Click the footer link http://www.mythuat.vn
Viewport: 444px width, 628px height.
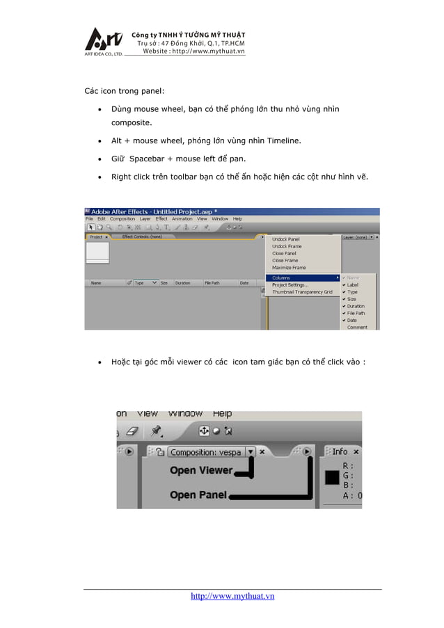click(232, 596)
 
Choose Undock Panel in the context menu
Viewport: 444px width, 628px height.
click(285, 239)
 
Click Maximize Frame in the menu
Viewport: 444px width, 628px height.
click(289, 268)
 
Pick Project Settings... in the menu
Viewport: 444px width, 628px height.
click(290, 285)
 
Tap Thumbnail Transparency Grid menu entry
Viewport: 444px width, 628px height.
click(302, 292)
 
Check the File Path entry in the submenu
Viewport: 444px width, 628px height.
click(356, 313)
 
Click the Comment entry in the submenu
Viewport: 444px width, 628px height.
click(357, 327)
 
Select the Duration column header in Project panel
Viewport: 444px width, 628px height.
click(183, 283)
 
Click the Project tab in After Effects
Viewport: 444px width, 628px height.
click(96, 237)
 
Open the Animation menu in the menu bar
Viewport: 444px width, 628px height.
click(182, 219)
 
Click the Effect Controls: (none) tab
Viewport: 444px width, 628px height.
click(142, 237)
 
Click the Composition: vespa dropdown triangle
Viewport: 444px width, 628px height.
click(250, 452)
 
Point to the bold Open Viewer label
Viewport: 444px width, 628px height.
click(201, 471)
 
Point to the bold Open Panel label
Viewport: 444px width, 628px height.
click(198, 495)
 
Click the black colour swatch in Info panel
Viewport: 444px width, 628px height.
click(332, 478)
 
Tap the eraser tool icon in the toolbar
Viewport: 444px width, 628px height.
click(134, 431)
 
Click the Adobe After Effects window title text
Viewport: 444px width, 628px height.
click(148, 211)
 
